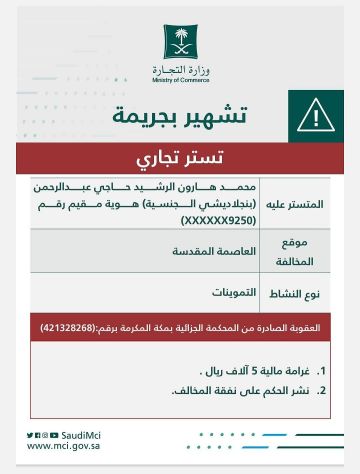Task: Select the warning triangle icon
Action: [x=315, y=117]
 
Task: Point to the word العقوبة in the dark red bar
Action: [x=311, y=328]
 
